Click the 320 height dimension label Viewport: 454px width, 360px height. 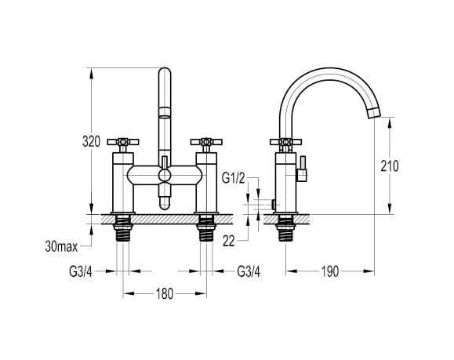pos(91,142)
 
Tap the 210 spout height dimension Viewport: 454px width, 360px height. pos(390,166)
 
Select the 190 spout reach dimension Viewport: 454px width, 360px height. pos(330,271)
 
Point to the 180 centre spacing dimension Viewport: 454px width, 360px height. pos(165,293)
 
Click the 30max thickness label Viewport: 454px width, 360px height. pos(61,246)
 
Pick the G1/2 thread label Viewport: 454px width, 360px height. pos(234,177)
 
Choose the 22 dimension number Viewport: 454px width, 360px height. pos(228,241)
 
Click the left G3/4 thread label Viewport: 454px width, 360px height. pos(81,271)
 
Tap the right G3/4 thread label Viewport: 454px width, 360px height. pos(249,271)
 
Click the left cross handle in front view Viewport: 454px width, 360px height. pos(123,142)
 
